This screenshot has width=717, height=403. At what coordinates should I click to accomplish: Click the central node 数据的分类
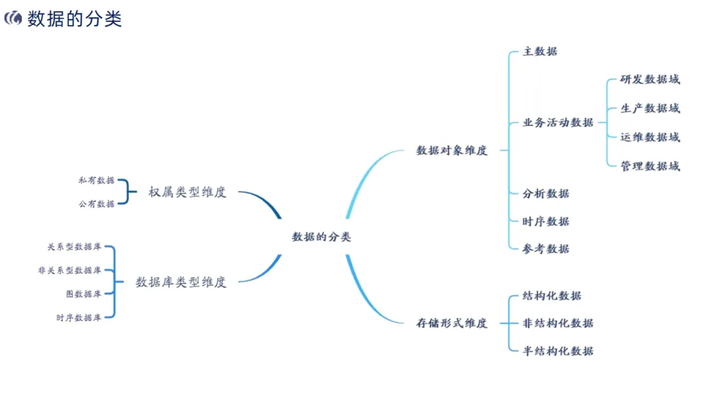pos(321,237)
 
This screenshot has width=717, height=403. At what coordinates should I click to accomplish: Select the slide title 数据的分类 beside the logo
pos(74,19)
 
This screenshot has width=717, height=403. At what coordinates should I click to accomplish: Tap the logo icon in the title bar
pos(13,19)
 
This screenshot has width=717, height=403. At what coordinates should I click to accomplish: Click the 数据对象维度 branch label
pos(451,150)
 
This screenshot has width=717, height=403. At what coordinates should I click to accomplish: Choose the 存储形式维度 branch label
pos(451,323)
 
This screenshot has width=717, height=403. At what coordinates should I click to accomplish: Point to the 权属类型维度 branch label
pos(187,192)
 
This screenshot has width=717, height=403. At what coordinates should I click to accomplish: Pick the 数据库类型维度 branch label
pos(181,282)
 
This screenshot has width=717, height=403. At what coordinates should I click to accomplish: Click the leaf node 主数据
pos(540,52)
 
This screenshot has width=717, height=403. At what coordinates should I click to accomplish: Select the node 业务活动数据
pos(558,123)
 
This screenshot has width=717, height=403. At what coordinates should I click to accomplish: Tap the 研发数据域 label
pos(650,80)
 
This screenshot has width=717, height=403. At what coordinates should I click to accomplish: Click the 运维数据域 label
pos(650,137)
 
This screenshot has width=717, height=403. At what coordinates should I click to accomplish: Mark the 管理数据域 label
pos(650,166)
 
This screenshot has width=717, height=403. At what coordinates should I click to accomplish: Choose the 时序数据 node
pos(546,221)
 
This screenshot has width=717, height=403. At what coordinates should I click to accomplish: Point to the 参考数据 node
pos(546,249)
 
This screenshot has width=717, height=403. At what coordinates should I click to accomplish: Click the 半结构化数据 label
pos(558,351)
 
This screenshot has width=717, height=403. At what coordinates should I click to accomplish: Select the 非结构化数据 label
pos(558,323)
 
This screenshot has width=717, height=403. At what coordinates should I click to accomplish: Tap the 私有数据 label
pos(96,180)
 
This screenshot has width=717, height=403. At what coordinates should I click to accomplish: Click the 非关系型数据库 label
pos(70,270)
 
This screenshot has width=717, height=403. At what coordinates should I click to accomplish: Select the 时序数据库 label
pos(79,317)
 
